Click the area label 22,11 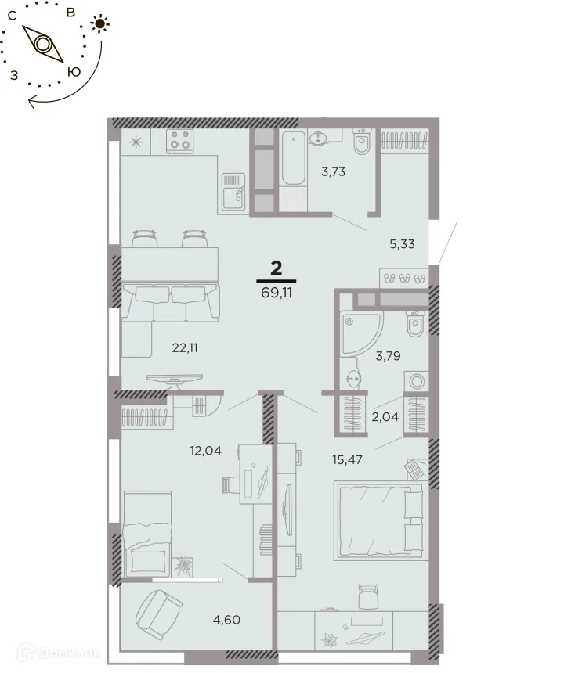(x=184, y=348)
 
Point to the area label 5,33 (x=402, y=243)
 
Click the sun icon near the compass (x=99, y=24)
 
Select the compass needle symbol (x=43, y=43)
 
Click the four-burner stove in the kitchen (x=181, y=142)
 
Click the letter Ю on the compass (x=74, y=71)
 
